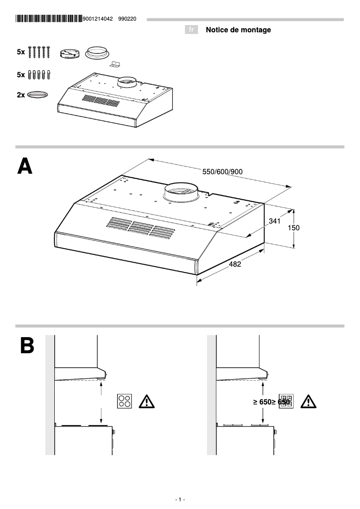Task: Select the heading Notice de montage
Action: [x=238, y=30]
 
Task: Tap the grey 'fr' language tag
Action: [x=192, y=30]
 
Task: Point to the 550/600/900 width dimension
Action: [x=223, y=172]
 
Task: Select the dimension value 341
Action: [x=275, y=221]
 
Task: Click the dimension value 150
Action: [x=293, y=228]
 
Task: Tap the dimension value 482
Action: [x=235, y=264]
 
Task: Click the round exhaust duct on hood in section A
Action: [x=180, y=193]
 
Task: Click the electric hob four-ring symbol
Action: [x=125, y=401]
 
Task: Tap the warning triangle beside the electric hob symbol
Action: [x=147, y=401]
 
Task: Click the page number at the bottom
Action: [x=180, y=500]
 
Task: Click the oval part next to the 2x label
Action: [x=37, y=95]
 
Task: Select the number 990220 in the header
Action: [x=127, y=19]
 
